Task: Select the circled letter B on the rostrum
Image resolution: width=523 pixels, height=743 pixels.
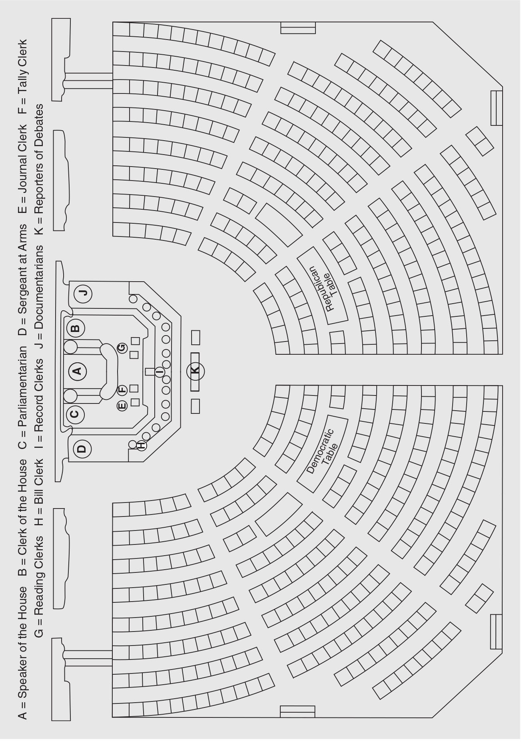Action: [x=75, y=328]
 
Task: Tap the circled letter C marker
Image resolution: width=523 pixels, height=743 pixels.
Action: [x=75, y=414]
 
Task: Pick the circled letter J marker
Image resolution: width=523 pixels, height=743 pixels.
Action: [x=83, y=294]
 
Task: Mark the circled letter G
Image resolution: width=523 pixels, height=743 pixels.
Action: [x=122, y=348]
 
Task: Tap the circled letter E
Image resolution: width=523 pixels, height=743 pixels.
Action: [x=122, y=406]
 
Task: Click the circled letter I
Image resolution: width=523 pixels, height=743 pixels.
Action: [x=160, y=372]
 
